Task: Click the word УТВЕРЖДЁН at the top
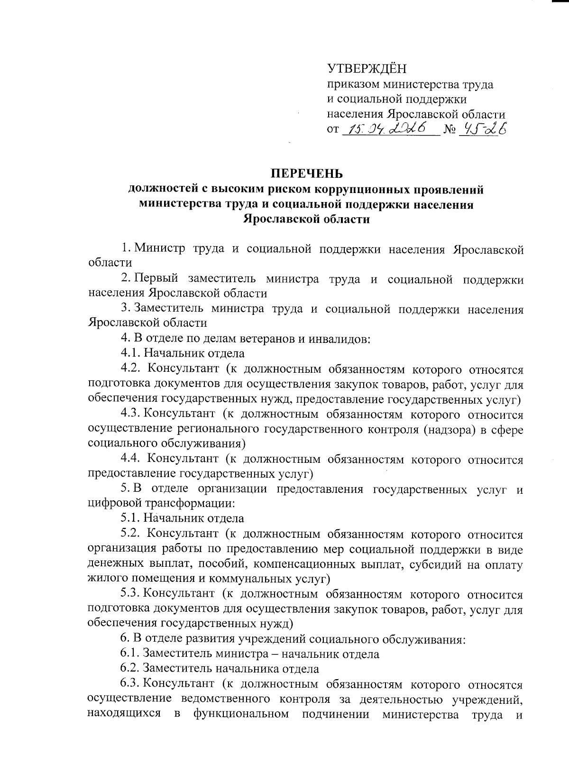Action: pos(367,69)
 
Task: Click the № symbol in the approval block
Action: pos(448,129)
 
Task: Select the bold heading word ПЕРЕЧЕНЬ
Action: pos(306,174)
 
